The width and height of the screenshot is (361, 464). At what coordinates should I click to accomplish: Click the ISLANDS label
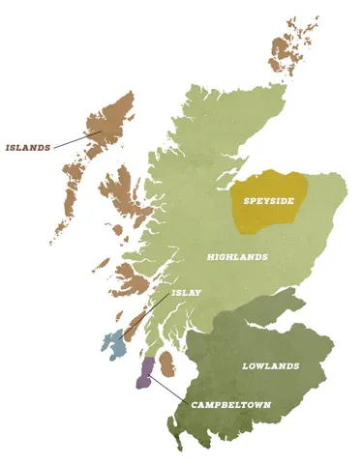28,148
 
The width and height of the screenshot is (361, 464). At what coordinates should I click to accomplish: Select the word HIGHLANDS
237,257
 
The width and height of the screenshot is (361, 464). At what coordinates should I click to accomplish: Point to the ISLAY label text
186,292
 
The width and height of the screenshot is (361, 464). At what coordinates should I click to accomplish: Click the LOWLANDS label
270,366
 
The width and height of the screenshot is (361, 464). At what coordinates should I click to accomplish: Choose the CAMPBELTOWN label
229,403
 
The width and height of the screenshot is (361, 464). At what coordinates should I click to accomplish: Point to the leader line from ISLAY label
150,315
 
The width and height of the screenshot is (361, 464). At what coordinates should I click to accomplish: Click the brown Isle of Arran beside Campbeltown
166,363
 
